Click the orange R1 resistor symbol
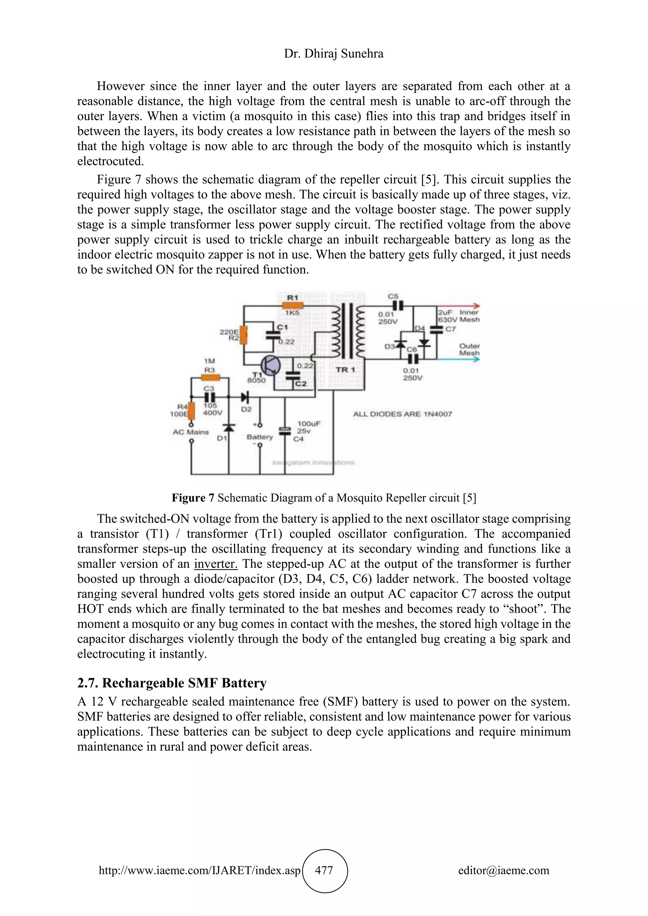pyautogui.click(x=292, y=306)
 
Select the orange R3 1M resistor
pyautogui.click(x=210, y=378)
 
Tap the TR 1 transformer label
pyautogui.click(x=345, y=370)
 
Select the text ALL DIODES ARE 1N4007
pyautogui.click(x=402, y=414)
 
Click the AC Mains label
pyautogui.click(x=191, y=432)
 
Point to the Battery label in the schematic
pyautogui.click(x=259, y=437)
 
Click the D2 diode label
pyautogui.click(x=246, y=409)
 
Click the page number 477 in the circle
pyautogui.click(x=324, y=870)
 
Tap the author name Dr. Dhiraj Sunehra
pyautogui.click(x=333, y=53)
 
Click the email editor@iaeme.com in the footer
pyautogui.click(x=503, y=870)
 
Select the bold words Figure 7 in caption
pyautogui.click(x=193, y=498)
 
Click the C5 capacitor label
pyautogui.click(x=393, y=296)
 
